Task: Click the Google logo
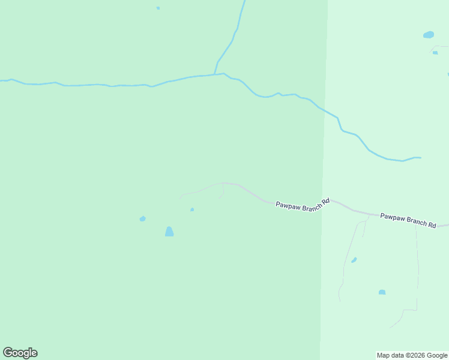[x=20, y=353]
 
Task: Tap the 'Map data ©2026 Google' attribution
[x=412, y=355]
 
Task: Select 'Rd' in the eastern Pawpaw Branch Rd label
[x=432, y=224]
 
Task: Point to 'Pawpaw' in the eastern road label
[x=392, y=216]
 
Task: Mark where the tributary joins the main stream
[x=215, y=74]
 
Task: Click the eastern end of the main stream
[x=420, y=158]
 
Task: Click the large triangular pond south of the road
[x=169, y=232]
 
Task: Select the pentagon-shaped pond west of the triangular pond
[x=142, y=219]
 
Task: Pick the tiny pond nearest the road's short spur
[x=192, y=209]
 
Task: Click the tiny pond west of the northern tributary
[x=158, y=8]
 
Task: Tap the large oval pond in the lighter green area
[x=429, y=35]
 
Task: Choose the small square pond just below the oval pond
[x=435, y=53]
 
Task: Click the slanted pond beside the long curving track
[x=354, y=260]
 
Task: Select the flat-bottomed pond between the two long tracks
[x=382, y=292]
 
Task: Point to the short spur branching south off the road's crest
[x=223, y=191]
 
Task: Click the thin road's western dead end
[x=180, y=197]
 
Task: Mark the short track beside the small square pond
[x=441, y=46]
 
